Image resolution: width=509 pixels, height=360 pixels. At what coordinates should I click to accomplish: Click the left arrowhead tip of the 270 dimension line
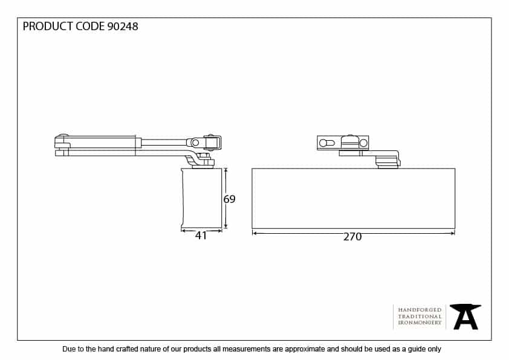[x=253, y=233]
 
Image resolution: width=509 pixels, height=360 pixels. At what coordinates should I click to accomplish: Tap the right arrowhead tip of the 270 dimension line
[x=455, y=233]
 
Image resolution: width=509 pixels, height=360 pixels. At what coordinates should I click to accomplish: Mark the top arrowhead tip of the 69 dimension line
[x=225, y=169]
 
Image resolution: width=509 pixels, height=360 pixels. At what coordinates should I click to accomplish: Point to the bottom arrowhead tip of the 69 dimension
[x=225, y=228]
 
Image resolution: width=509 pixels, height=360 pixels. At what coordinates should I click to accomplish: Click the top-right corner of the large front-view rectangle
[x=455, y=169]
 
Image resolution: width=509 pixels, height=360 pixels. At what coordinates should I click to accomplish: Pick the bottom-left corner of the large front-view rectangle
[x=252, y=228]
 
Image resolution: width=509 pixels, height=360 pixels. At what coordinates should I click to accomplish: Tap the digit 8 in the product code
[x=135, y=26]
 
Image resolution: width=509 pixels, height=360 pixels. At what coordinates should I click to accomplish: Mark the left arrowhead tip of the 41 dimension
[x=181, y=231]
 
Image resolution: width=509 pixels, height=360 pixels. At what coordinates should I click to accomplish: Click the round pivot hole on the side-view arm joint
[x=195, y=143]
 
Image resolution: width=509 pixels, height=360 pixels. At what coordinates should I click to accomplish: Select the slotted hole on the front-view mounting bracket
[x=326, y=143]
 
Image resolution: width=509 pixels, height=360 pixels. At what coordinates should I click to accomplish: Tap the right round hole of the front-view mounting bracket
[x=363, y=143]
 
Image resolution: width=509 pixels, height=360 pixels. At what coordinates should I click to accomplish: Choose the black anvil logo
[x=465, y=317]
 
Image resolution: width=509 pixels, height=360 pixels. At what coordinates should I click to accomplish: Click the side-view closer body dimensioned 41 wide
[x=201, y=198]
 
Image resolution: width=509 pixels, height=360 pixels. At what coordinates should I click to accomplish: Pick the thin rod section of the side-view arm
[x=164, y=143]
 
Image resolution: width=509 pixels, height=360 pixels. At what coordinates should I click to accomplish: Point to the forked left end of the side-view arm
[x=62, y=145]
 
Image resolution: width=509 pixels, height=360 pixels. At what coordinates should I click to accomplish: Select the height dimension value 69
[x=230, y=199]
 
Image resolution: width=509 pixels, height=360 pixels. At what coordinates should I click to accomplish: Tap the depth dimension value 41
[x=201, y=236]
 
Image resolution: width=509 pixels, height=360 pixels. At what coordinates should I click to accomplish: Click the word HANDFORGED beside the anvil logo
[x=420, y=310]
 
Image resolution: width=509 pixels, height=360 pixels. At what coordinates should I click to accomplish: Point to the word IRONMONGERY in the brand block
[x=420, y=323]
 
